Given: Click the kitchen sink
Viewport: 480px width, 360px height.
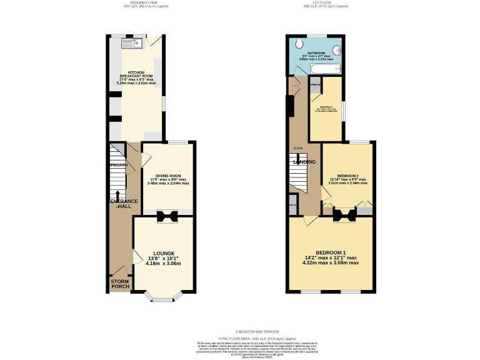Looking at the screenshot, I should (x=132, y=43).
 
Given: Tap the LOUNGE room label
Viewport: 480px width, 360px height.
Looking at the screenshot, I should (x=164, y=252).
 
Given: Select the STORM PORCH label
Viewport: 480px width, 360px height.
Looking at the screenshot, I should (x=119, y=284).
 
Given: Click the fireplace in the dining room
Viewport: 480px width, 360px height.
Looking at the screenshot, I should (x=167, y=216).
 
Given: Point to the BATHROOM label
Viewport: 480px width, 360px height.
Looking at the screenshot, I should (x=316, y=53).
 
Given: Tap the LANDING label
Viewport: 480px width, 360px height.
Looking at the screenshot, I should (x=304, y=162).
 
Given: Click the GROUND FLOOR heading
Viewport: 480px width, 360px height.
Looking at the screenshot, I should (x=136, y=3).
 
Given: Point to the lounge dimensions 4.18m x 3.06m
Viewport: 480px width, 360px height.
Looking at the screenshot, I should (x=164, y=264).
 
